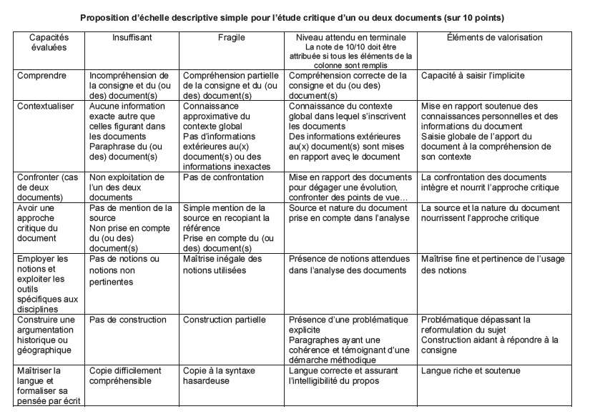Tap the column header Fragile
coord(231,37)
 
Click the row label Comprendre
coord(42,74)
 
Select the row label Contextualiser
coord(48,106)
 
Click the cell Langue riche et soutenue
coord(471,371)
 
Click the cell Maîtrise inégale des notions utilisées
coord(222,264)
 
